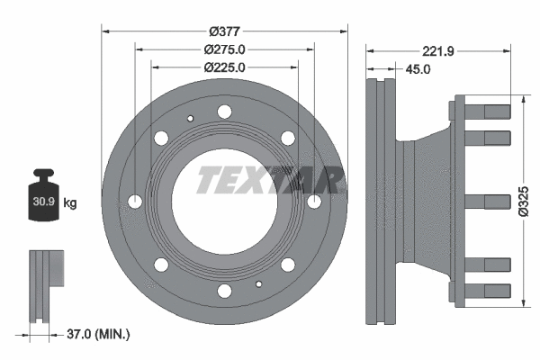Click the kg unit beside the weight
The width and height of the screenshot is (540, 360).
pyautogui.click(x=70, y=203)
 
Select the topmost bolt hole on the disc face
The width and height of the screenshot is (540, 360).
pyautogui.click(x=224, y=112)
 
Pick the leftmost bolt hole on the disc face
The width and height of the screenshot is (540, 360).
pyautogui.click(x=136, y=201)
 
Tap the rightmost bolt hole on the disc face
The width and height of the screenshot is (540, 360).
pyautogui.click(x=313, y=201)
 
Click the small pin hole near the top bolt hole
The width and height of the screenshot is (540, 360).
pyautogui.click(x=190, y=118)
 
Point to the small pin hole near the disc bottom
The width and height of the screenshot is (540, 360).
pyautogui.click(x=258, y=284)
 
